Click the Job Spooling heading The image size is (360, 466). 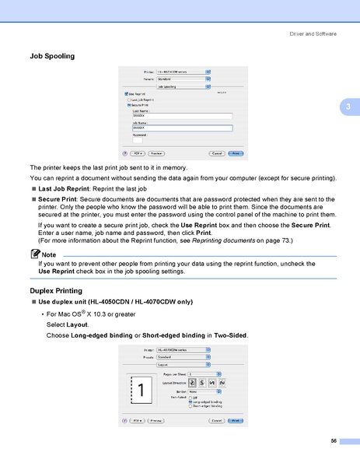[x=51, y=57]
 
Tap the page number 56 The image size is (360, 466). [x=334, y=441]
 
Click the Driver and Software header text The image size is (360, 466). [x=313, y=33]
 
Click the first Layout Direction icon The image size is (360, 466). [x=192, y=383]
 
